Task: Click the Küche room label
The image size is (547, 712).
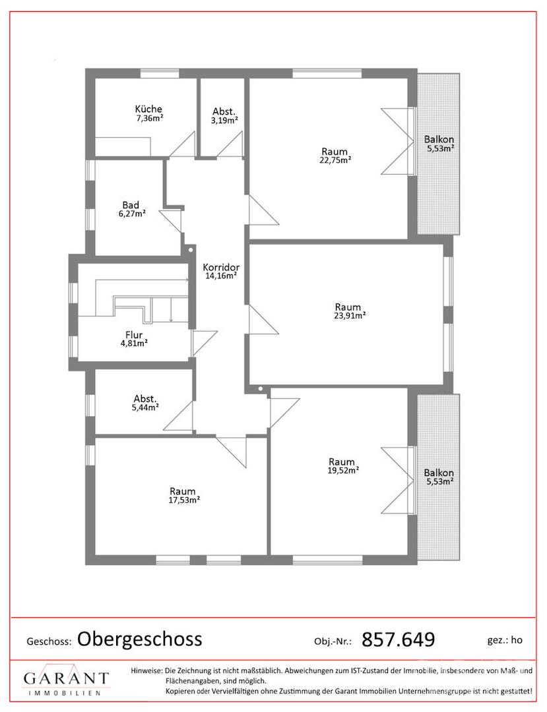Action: [x=148, y=109]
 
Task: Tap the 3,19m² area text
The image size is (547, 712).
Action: [x=224, y=121]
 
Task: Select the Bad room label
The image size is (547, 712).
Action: [x=131, y=205]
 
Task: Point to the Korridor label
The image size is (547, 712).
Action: [x=221, y=268]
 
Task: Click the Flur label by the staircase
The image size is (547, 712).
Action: [x=134, y=335]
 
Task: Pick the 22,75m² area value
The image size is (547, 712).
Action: [x=335, y=160]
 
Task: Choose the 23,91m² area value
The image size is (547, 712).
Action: [x=350, y=316]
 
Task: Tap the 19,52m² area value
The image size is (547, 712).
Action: [x=344, y=471]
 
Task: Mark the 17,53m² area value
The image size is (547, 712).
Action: [x=185, y=500]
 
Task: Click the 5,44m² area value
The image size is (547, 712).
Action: [x=145, y=407]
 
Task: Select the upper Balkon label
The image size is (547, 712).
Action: [x=439, y=139]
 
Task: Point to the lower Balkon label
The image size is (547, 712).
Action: [x=439, y=473]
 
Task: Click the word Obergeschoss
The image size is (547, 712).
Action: [x=139, y=639]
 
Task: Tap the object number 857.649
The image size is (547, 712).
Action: [x=398, y=639]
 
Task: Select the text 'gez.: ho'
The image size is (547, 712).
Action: [x=505, y=639]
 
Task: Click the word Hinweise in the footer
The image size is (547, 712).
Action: [x=146, y=670]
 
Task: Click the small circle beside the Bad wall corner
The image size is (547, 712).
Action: [x=191, y=249]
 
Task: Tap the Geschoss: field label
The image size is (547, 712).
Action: [x=49, y=641]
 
